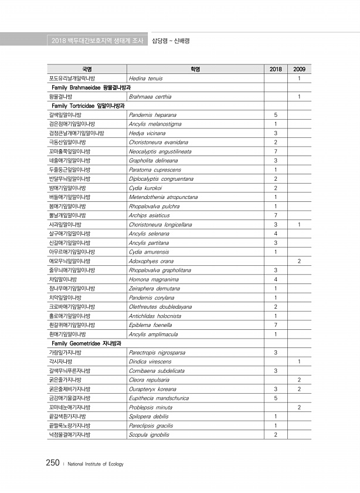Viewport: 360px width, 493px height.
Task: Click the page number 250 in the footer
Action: tap(53, 463)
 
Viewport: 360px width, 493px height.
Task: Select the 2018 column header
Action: tap(275, 69)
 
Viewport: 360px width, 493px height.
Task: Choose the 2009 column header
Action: tap(299, 69)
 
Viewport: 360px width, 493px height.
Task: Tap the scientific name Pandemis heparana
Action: tap(152, 115)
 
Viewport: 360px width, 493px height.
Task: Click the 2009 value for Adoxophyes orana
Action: tap(299, 261)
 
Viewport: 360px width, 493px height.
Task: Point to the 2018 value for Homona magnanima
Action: tap(275, 279)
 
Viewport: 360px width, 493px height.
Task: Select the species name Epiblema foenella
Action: tap(150, 325)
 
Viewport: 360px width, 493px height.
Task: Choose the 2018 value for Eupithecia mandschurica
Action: tap(275, 398)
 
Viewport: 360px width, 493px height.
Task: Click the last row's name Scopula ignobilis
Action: tap(149, 434)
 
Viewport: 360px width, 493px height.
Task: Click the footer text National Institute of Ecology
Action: tap(96, 464)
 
